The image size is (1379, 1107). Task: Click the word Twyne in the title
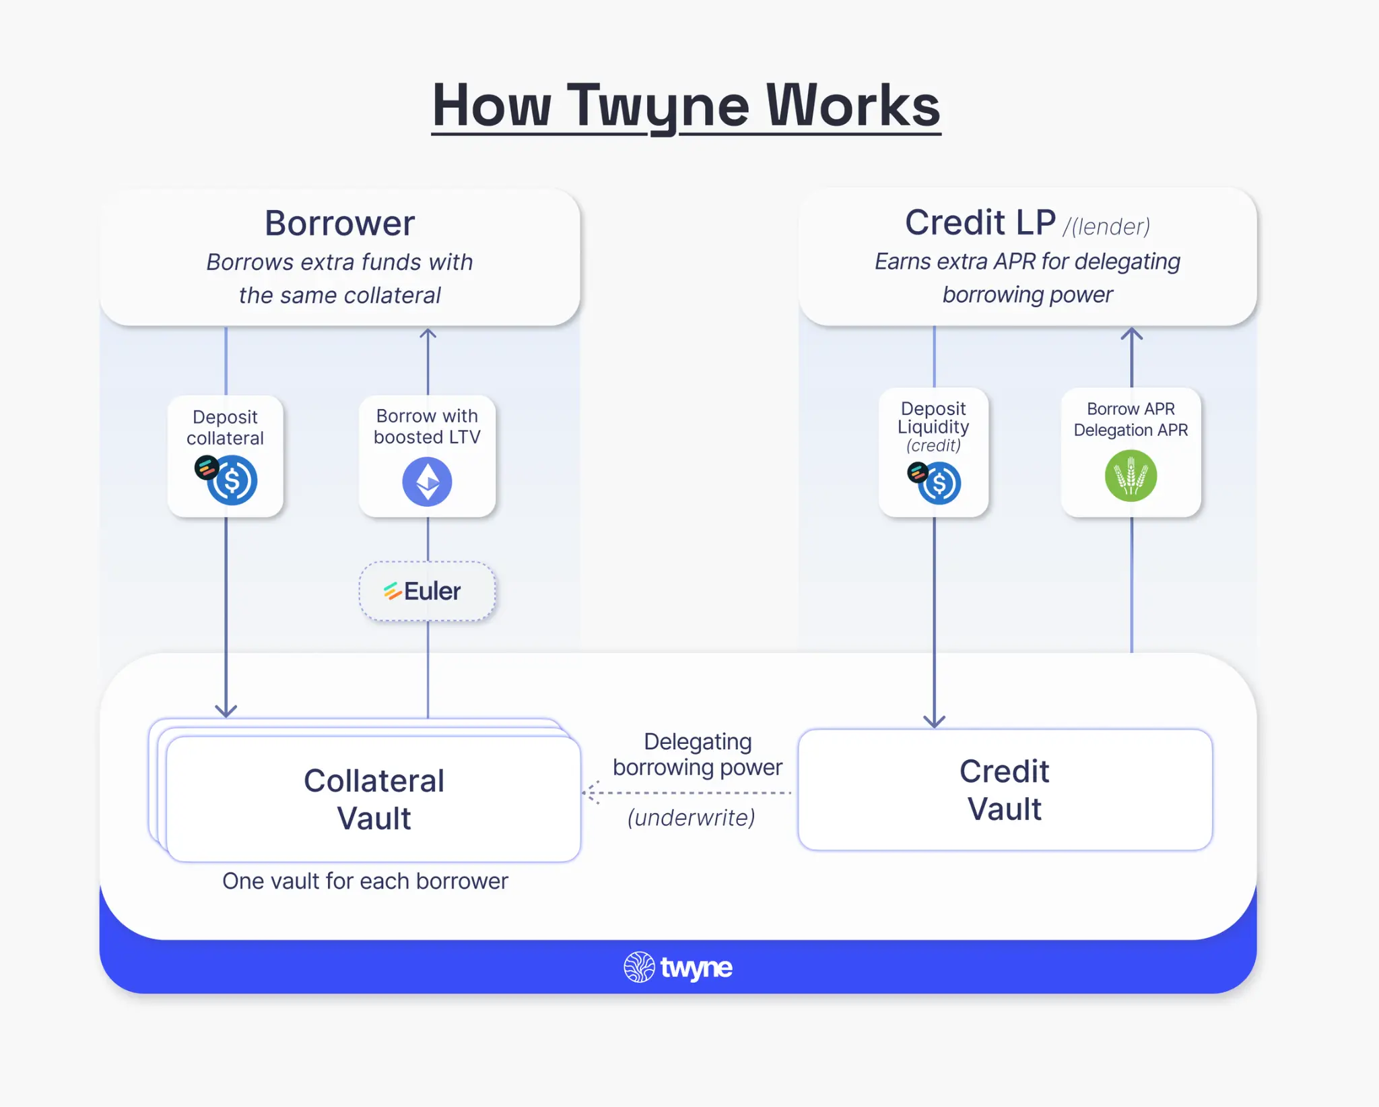coord(658,106)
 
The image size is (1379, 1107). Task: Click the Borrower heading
coord(339,223)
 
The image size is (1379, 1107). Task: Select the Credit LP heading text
coord(980,222)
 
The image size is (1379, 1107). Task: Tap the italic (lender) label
coord(1106,227)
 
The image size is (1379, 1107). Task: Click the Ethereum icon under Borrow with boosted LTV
coord(427,482)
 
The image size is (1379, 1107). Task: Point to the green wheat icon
coord(1131,476)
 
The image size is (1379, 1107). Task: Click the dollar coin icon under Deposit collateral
coord(232,480)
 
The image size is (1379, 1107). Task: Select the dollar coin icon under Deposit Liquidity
coord(939,483)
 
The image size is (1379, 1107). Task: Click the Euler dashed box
coord(427,591)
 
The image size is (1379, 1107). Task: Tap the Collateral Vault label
coord(374,800)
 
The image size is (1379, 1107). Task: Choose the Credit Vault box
coord(1004,790)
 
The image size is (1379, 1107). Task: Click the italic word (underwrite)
coord(691,818)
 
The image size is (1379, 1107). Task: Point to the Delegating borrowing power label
coord(698,755)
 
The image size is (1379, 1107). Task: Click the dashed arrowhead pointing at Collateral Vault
coord(591,793)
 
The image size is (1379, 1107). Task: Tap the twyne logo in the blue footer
coord(678,968)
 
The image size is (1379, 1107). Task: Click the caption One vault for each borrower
coord(365,881)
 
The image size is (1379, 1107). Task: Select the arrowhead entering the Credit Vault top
coord(934,722)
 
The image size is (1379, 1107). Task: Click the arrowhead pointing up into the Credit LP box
coord(1131,334)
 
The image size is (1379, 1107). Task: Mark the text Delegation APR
coord(1131,430)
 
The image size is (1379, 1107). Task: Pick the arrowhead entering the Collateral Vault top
coord(226,711)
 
